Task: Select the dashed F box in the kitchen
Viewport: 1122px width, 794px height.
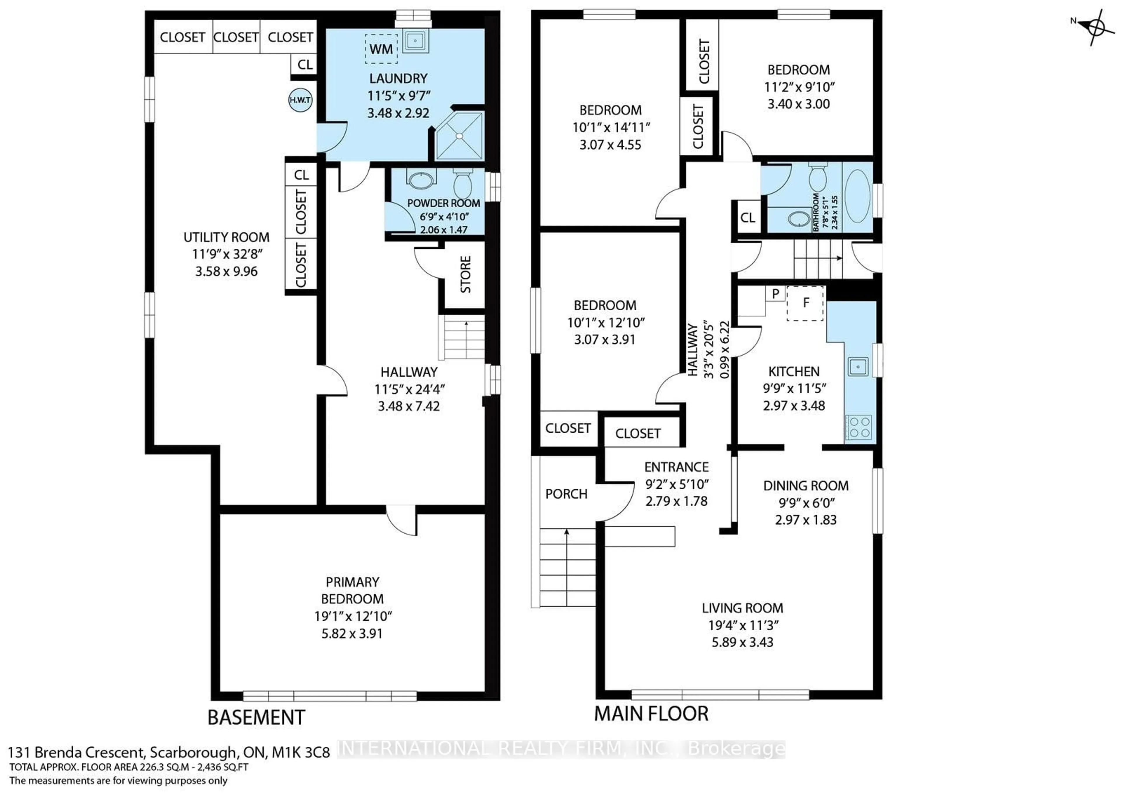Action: pyautogui.click(x=805, y=303)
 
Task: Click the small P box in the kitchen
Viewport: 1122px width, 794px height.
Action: pyautogui.click(x=775, y=294)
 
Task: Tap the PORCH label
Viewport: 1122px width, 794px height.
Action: pyautogui.click(x=566, y=494)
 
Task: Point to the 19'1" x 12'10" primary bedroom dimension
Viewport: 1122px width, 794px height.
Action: pyautogui.click(x=352, y=616)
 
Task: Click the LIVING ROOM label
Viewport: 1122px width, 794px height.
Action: pyautogui.click(x=742, y=608)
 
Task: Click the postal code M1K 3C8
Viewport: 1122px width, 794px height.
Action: pyautogui.click(x=301, y=752)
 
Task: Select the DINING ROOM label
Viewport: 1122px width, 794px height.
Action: pyautogui.click(x=806, y=485)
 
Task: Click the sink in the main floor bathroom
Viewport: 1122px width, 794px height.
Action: pyautogui.click(x=799, y=219)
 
